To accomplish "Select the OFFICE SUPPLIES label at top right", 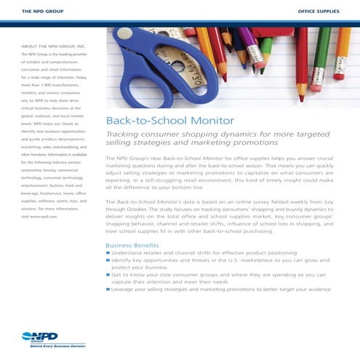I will (x=319, y=12).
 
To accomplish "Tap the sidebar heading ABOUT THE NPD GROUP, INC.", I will (x=49, y=47).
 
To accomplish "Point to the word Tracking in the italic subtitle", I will (x=123, y=135).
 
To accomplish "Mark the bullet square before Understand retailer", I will (x=108, y=252).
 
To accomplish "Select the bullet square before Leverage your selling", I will (x=108, y=289).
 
